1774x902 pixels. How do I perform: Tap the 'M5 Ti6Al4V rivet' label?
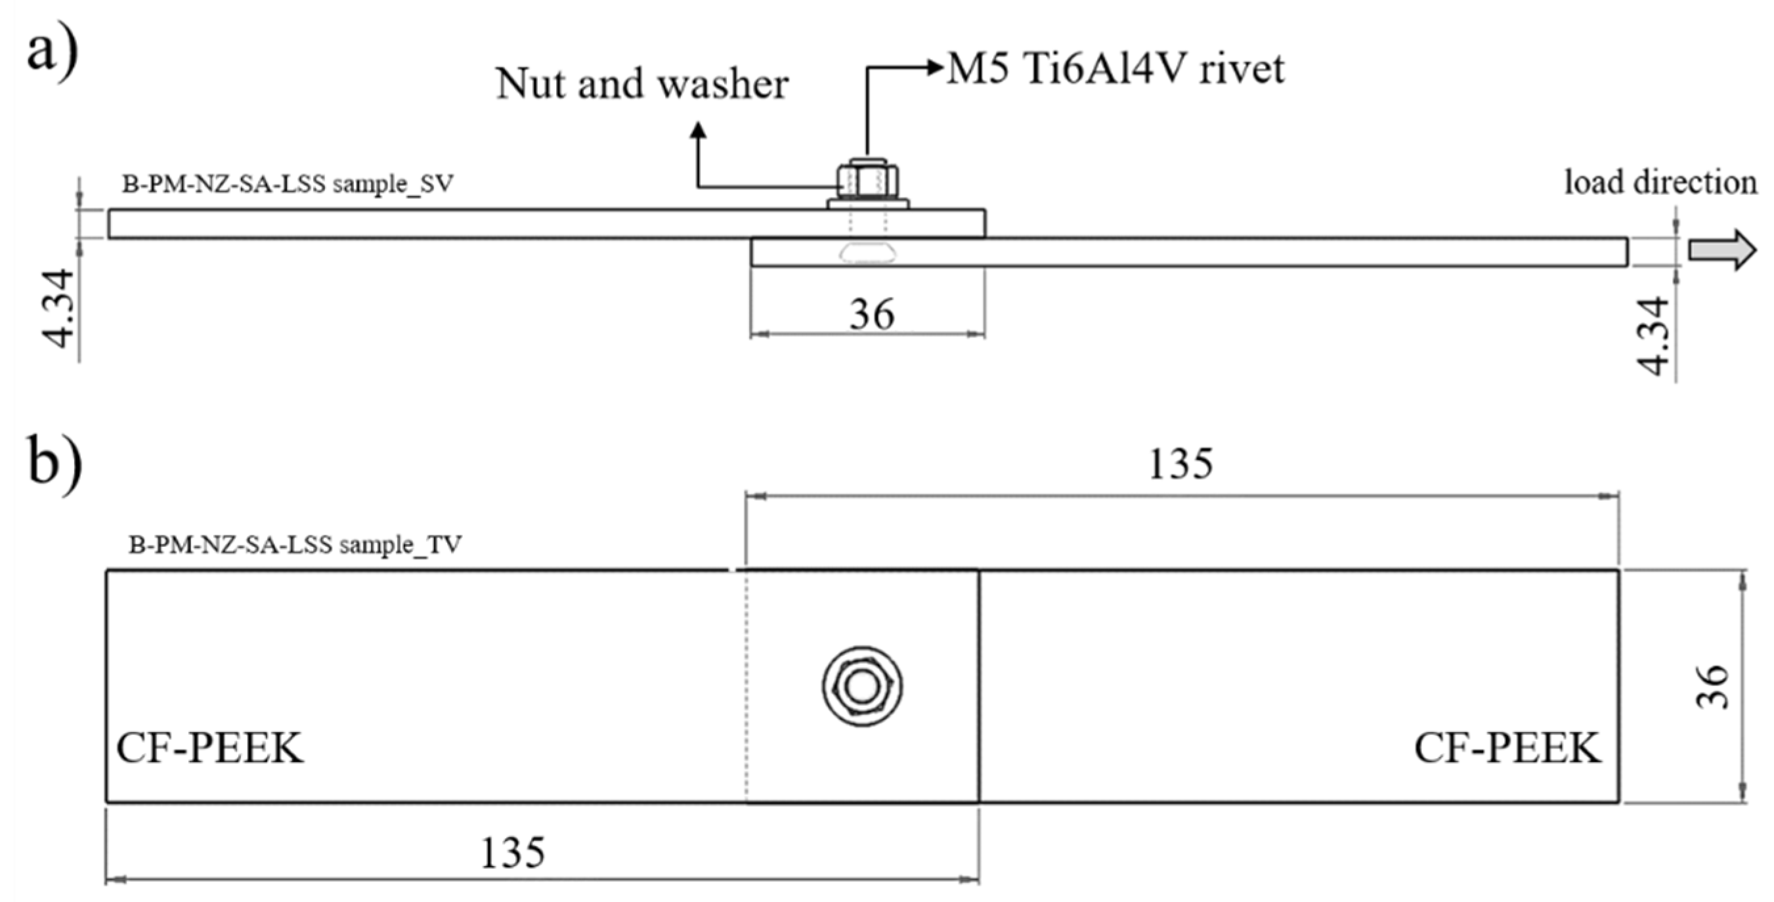click(x=1115, y=69)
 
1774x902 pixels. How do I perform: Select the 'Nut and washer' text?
click(x=642, y=84)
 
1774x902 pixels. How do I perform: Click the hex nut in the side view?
click(x=867, y=180)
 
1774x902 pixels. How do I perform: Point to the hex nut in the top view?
click(x=862, y=687)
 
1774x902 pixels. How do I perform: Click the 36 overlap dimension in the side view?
click(x=871, y=314)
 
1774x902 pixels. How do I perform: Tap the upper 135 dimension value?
click(x=1180, y=464)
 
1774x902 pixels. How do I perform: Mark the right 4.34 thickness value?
click(x=1653, y=335)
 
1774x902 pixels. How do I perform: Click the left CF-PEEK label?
click(x=209, y=748)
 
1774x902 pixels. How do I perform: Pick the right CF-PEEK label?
click(x=1507, y=748)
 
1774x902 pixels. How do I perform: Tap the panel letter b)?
click(x=54, y=460)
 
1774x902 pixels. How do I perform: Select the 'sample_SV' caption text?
click(x=288, y=184)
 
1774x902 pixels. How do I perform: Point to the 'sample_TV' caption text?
click(x=295, y=545)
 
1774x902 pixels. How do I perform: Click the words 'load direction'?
click(x=1660, y=183)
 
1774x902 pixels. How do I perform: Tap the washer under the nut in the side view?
click(x=868, y=204)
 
